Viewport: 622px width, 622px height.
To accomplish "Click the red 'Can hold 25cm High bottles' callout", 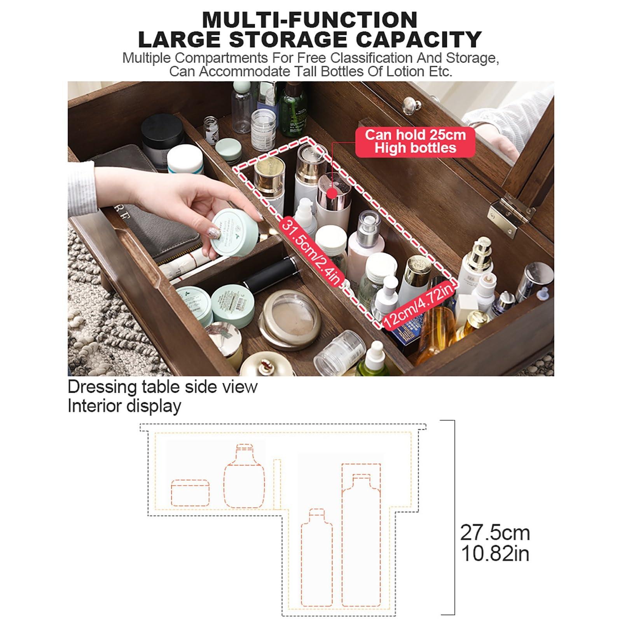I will click(415, 142).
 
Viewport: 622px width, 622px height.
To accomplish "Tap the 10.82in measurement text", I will click(494, 554).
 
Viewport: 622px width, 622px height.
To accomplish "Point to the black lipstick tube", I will click(272, 274).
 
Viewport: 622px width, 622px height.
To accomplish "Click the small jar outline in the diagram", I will click(190, 493).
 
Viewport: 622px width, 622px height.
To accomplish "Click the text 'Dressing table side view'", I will click(162, 387).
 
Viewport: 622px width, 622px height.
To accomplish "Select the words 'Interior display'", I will click(124, 406).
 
